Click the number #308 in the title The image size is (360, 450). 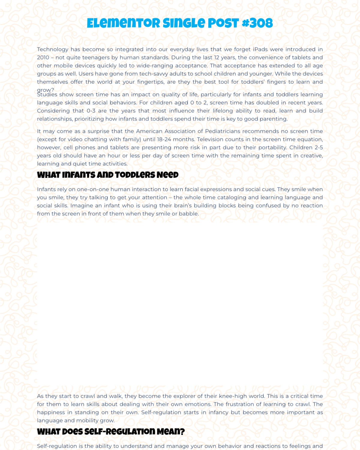click(257, 23)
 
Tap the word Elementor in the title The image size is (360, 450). click(124, 23)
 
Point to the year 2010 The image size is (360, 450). click(43, 57)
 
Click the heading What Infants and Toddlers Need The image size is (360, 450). click(108, 175)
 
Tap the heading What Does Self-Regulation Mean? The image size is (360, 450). click(111, 432)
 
